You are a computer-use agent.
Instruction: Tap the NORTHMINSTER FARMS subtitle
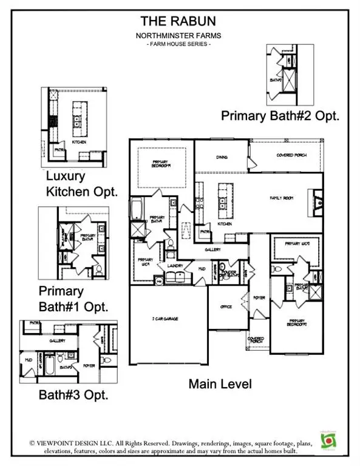(180, 35)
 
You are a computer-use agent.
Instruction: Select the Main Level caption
(219, 383)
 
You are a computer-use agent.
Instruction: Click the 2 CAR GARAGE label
(164, 319)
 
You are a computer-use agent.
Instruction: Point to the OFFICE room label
(225, 306)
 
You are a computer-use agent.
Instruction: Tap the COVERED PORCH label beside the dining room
(291, 155)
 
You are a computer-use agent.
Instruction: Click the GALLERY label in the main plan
(212, 249)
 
